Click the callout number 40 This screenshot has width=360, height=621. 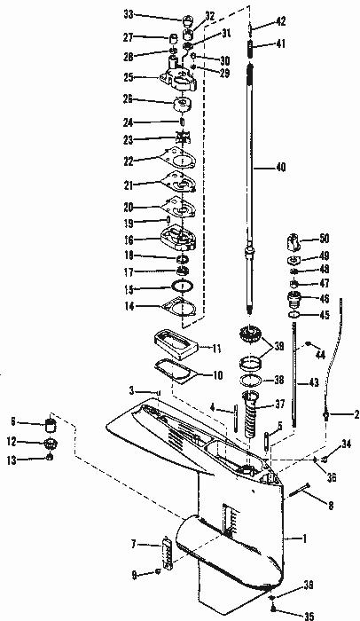(x=280, y=168)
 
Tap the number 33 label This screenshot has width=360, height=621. (x=129, y=15)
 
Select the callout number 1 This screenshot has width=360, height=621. (x=304, y=538)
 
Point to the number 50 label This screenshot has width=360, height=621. (x=324, y=240)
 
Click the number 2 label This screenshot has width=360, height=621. (x=356, y=414)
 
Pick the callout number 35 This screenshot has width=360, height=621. (x=309, y=616)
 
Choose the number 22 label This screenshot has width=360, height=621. (x=129, y=161)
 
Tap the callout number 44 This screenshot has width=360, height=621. (x=320, y=355)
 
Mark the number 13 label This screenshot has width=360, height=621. (x=12, y=460)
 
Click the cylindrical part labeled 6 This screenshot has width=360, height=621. (x=50, y=426)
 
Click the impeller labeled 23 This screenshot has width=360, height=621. (x=183, y=139)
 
